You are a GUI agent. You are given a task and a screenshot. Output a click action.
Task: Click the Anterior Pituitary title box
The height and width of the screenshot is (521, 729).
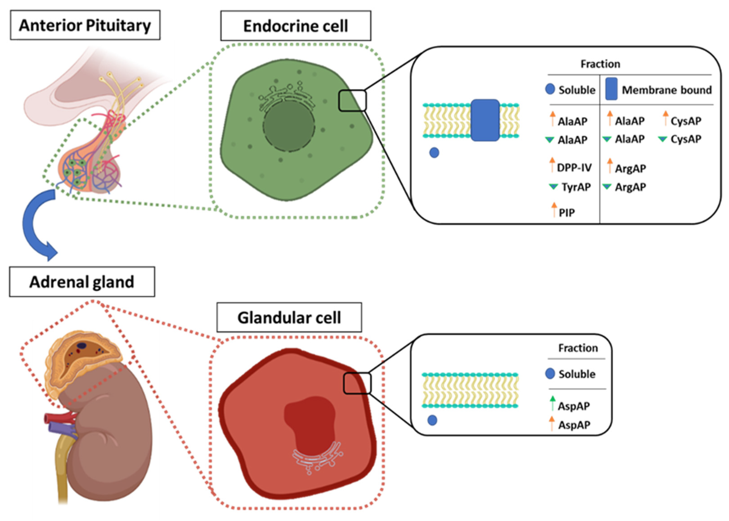(85, 25)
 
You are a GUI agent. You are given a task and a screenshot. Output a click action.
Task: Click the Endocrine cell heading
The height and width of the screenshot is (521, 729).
(295, 26)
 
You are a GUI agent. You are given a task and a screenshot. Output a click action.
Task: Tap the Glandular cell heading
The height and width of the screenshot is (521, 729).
(289, 317)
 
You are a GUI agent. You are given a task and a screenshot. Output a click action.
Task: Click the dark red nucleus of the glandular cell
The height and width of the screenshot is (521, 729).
(309, 423)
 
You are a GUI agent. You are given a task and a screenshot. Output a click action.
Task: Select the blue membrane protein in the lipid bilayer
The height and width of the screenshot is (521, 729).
(485, 120)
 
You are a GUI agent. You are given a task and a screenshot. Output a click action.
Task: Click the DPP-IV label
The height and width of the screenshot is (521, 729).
(574, 167)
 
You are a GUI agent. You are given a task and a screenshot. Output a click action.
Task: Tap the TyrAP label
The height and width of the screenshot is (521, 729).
(576, 187)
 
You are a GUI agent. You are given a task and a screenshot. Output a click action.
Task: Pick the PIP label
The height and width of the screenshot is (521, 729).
(567, 212)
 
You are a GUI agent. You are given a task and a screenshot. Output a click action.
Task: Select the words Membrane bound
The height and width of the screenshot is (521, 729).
(666, 90)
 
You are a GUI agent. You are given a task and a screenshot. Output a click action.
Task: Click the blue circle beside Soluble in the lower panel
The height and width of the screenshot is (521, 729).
(550, 373)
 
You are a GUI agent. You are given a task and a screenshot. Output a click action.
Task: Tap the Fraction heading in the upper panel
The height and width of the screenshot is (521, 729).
(600, 64)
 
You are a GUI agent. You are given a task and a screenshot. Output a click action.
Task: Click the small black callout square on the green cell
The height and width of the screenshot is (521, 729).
(352, 101)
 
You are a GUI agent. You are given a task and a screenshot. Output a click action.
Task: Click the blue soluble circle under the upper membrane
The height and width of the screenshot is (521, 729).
(434, 153)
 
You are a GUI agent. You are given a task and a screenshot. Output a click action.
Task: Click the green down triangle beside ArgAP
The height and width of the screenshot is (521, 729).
(606, 186)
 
